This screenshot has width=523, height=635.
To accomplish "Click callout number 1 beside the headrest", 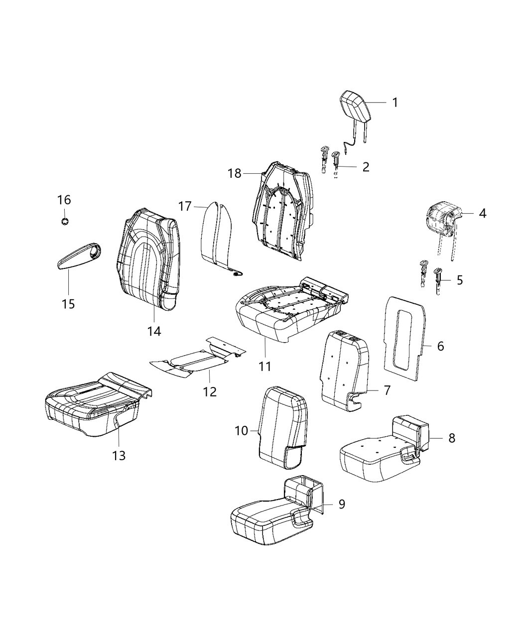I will pos(394,103).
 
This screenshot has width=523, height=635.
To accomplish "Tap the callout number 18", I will pos(235,173).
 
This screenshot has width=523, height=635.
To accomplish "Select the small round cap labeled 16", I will pos(64,221).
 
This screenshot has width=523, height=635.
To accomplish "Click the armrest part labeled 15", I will pos(77,255).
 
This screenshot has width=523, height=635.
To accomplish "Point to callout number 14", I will pos(154,331).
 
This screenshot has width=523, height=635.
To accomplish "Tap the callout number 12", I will pos(210,391).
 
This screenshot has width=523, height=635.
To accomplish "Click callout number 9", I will pos(341,504).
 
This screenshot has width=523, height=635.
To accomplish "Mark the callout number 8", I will pos(451,438).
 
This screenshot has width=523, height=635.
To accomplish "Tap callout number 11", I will pos(265,366).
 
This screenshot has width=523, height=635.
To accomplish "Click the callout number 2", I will pos(366,167).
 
